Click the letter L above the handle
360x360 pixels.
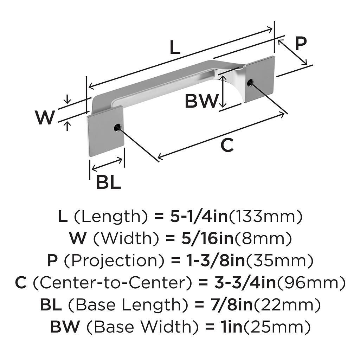[175, 48]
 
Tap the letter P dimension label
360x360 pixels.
[301, 44]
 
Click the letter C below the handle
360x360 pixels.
[227, 145]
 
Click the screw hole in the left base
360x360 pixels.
[117, 128]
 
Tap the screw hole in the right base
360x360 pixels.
[250, 83]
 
